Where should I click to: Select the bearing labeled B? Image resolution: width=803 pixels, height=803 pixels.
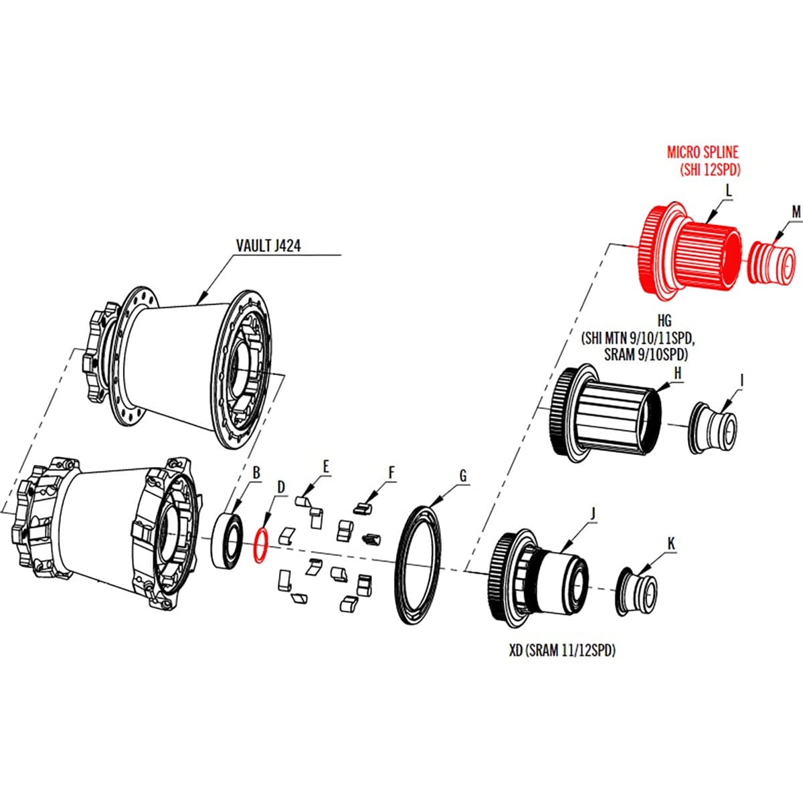click(x=228, y=540)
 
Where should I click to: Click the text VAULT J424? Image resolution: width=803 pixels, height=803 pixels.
click(x=268, y=246)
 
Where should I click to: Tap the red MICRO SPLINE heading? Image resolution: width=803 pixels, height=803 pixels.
click(x=703, y=153)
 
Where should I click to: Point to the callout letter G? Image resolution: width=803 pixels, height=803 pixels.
click(x=462, y=476)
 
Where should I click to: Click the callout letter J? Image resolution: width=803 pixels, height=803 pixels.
click(x=593, y=513)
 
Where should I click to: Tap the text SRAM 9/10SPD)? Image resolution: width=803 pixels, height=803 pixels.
click(x=646, y=355)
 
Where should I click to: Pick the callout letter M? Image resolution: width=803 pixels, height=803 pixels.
click(x=796, y=212)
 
